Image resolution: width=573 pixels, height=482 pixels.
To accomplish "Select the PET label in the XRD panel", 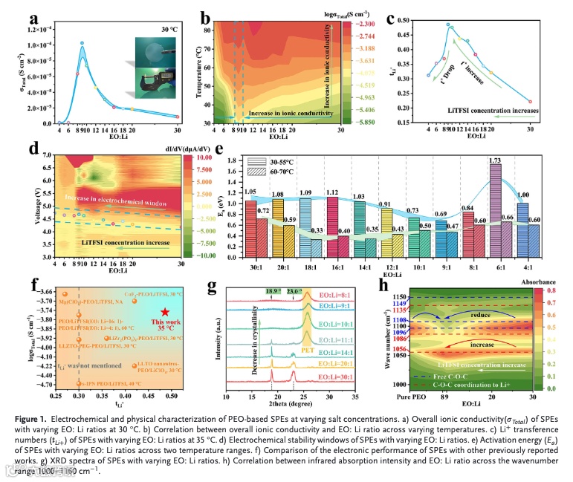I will click(x=307, y=346).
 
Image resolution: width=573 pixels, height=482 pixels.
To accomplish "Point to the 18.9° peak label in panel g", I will click(x=273, y=293).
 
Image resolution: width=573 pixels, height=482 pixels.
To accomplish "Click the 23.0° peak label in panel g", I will click(x=297, y=293).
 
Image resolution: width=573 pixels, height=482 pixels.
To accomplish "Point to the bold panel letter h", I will click(x=383, y=284).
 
